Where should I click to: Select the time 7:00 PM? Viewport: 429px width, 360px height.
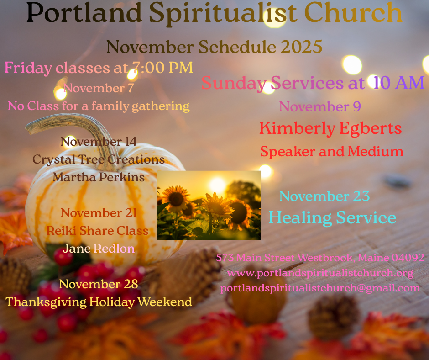(x=162, y=68)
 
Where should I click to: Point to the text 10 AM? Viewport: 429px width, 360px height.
(x=399, y=83)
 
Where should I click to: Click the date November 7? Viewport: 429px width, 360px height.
(x=99, y=88)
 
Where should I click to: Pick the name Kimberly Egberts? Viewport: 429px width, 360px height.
(x=330, y=128)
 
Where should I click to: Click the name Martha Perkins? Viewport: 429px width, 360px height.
(x=99, y=177)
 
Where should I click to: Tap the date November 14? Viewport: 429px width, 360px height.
(x=99, y=142)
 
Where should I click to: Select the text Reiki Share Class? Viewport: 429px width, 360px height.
(x=97, y=231)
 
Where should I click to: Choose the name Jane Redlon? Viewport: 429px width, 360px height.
(x=99, y=249)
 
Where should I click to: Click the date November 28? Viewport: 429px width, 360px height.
(x=99, y=284)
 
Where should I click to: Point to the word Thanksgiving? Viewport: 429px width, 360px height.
(x=46, y=302)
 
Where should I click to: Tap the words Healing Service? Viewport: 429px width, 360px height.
(x=332, y=218)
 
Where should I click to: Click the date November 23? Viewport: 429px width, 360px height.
(x=324, y=196)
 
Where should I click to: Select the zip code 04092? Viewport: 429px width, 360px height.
(x=408, y=258)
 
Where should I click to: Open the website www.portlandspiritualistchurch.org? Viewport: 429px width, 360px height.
(x=320, y=273)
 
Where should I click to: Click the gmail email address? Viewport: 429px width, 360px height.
(x=320, y=288)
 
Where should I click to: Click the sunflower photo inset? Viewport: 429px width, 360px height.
(x=209, y=205)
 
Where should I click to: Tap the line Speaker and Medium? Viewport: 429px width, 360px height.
(x=332, y=152)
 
